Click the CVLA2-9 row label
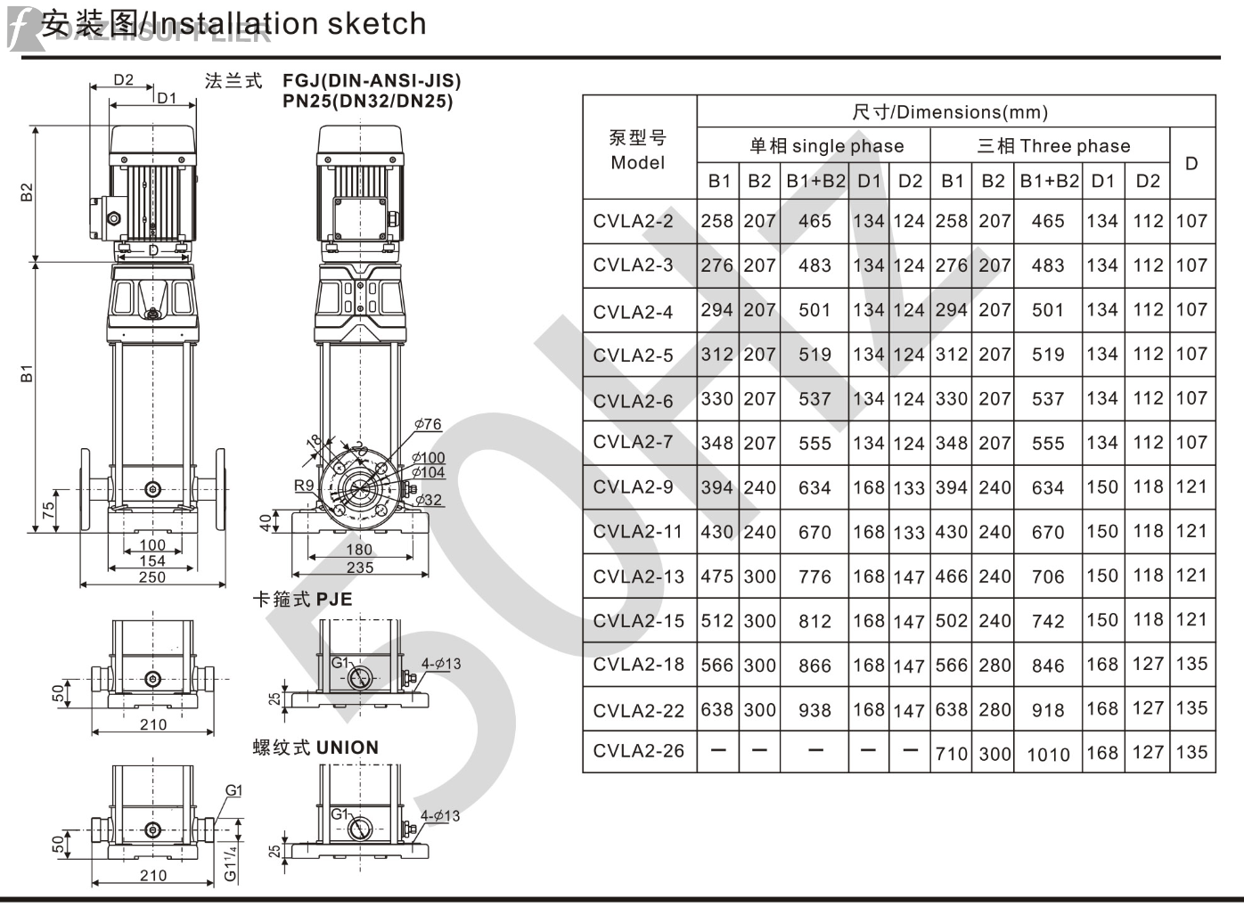pyautogui.click(x=633, y=487)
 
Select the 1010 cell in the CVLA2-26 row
pyautogui.click(x=1048, y=755)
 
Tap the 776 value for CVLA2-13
pyautogui.click(x=814, y=576)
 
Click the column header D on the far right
pyautogui.click(x=1191, y=164)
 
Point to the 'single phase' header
pyautogui.click(x=847, y=146)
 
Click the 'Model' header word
pyautogui.click(x=637, y=163)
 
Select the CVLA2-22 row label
pyautogui.click(x=638, y=711)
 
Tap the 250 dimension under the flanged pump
pyautogui.click(x=151, y=577)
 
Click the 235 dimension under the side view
pyautogui.click(x=359, y=568)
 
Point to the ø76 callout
pyautogui.click(x=428, y=424)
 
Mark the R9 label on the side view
pyautogui.click(x=304, y=486)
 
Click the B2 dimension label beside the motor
pyautogui.click(x=28, y=192)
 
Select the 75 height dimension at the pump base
pyautogui.click(x=49, y=510)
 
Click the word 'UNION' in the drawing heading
pyautogui.click(x=347, y=748)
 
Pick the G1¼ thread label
pyautogui.click(x=230, y=862)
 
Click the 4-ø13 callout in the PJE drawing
pyautogui.click(x=441, y=664)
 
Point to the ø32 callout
pyautogui.click(x=429, y=500)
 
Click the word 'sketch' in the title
pyautogui.click(x=377, y=24)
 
